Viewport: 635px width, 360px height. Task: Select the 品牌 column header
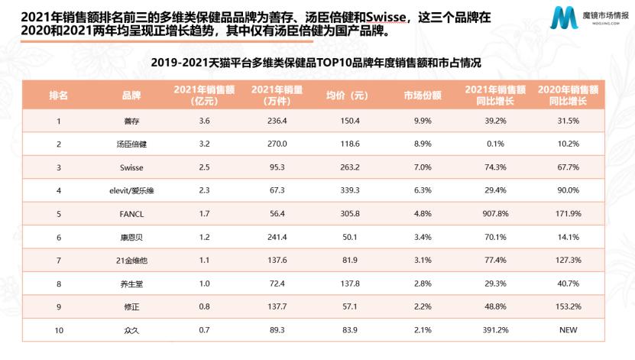point(131,96)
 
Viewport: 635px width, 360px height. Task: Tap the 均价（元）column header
point(348,96)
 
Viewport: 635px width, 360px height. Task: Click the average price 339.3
point(348,190)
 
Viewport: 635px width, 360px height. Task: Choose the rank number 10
point(59,329)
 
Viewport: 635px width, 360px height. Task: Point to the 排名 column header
point(59,96)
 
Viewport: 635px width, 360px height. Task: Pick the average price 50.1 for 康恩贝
point(348,237)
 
